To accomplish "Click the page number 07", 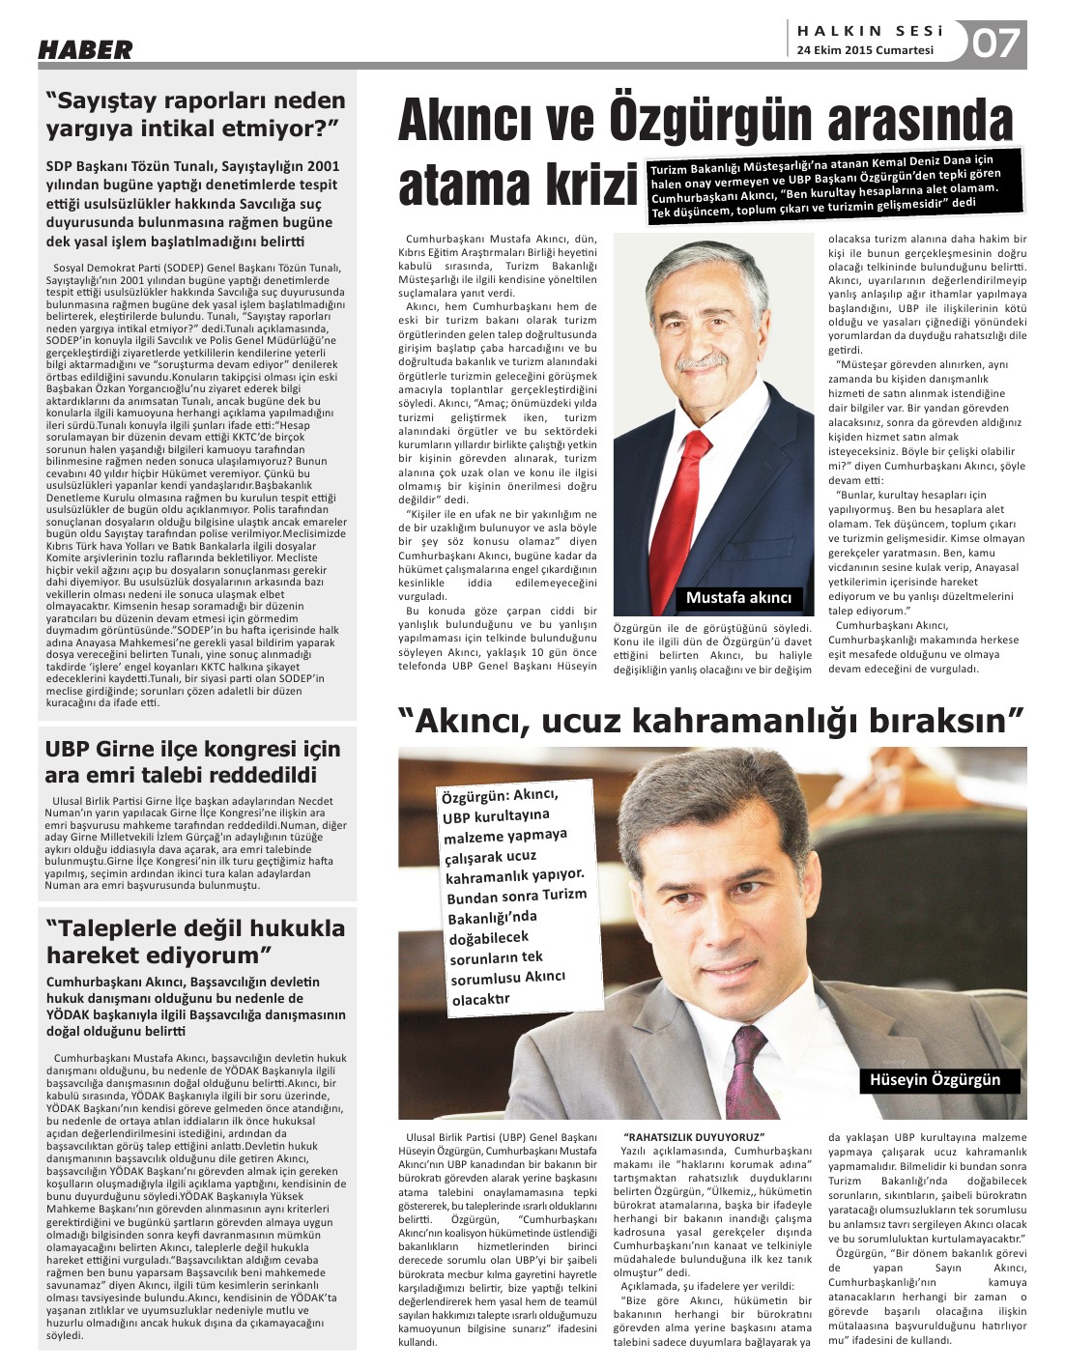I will [995, 43].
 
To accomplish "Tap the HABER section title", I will [85, 50].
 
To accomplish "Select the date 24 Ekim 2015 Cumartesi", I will [865, 50].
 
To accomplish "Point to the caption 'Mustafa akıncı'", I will [738, 598].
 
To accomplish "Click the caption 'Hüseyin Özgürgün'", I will [935, 1079].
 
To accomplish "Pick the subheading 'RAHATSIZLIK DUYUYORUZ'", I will [694, 1137].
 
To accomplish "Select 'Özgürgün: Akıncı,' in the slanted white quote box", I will [500, 796].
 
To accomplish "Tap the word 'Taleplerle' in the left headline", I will [121, 928].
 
